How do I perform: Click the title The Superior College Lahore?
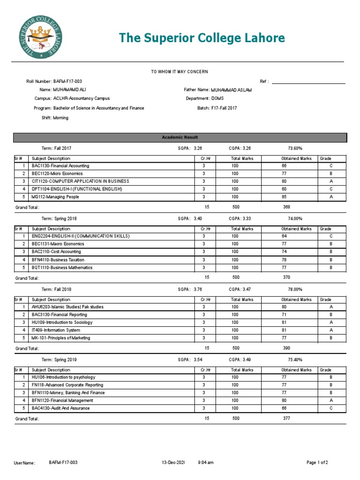point(202,38)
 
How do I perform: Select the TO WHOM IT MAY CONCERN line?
point(179,71)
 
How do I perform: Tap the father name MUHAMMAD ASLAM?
point(231,90)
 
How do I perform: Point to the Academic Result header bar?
point(180,137)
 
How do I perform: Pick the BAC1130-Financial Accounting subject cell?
point(60,166)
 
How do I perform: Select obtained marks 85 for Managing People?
point(284,197)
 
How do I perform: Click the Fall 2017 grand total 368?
point(287,207)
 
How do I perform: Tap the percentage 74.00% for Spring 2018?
point(295,218)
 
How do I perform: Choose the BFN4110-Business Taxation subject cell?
point(58,260)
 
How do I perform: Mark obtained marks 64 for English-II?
point(284,236)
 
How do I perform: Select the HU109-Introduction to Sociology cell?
point(62,322)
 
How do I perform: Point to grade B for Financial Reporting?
point(330,315)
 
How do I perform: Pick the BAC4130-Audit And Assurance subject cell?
point(61,408)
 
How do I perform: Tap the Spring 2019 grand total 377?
point(287,418)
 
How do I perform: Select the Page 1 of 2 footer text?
point(317,463)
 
